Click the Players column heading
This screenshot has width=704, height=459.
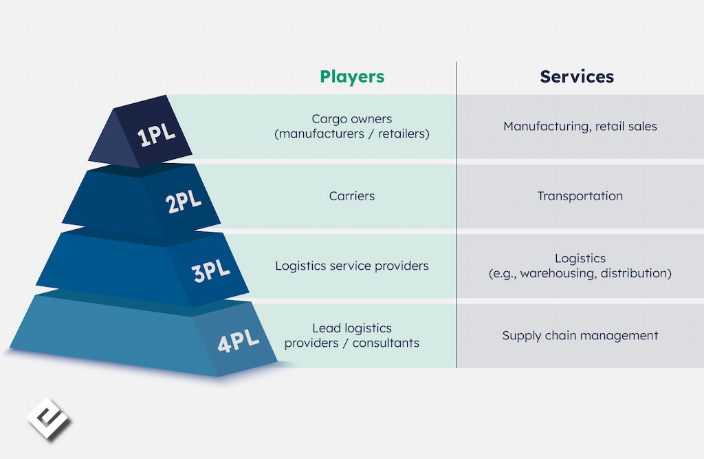click(352, 77)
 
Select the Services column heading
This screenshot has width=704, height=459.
click(577, 77)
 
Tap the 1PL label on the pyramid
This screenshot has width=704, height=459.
click(156, 135)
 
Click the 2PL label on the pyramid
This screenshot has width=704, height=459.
click(183, 202)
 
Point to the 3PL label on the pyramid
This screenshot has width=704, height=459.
click(210, 270)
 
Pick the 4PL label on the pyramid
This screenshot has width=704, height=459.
click(238, 341)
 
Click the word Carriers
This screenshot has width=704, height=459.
click(351, 196)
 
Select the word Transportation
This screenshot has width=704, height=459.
click(580, 196)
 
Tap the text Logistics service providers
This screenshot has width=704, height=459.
click(352, 266)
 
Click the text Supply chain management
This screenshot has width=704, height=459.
click(580, 335)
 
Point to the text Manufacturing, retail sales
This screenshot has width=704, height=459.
click(580, 127)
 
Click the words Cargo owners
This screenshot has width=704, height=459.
click(351, 118)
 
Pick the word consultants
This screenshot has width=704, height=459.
click(386, 343)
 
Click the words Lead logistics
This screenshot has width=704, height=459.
click(352, 328)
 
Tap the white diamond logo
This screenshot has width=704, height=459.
click(48, 418)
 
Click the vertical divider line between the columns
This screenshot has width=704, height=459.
click(456, 215)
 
